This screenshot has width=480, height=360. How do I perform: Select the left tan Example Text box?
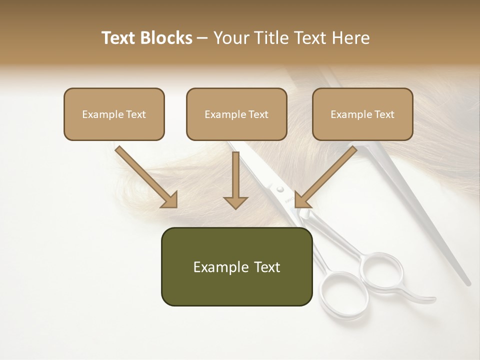point(114,114)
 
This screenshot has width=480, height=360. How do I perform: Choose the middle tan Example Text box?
point(236,114)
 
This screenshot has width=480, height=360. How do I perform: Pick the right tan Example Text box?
point(362,114)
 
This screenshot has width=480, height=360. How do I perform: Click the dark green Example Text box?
point(236,266)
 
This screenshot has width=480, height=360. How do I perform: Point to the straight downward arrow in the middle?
point(235,180)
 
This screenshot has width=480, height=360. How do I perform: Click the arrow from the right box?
point(325,177)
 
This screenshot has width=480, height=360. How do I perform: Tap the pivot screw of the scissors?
point(280,189)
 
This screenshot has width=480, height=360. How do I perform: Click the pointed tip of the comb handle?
point(468,282)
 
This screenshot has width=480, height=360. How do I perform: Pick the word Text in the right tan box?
point(384,114)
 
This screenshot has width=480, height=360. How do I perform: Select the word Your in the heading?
point(230,38)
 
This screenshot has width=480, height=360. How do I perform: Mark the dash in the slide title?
point(202,38)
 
